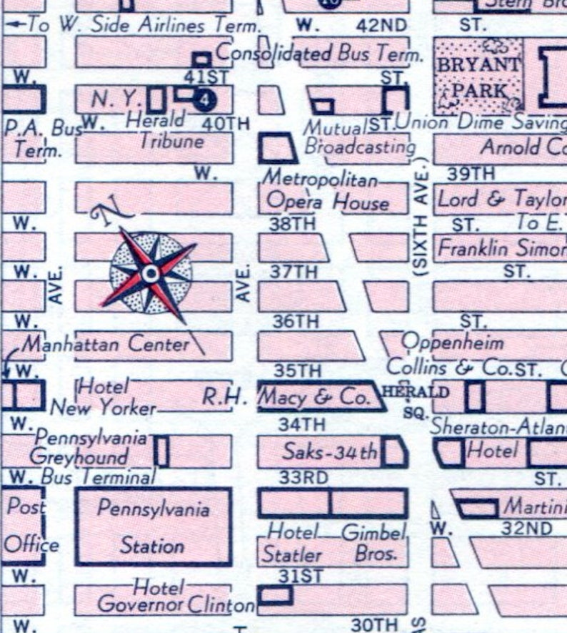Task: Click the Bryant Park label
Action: [x=479, y=77]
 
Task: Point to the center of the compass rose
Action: [x=150, y=273]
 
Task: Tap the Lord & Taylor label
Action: [x=500, y=199]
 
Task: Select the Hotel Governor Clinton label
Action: [x=174, y=597]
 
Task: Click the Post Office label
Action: [x=30, y=526]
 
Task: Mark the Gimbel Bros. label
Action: [x=374, y=543]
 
